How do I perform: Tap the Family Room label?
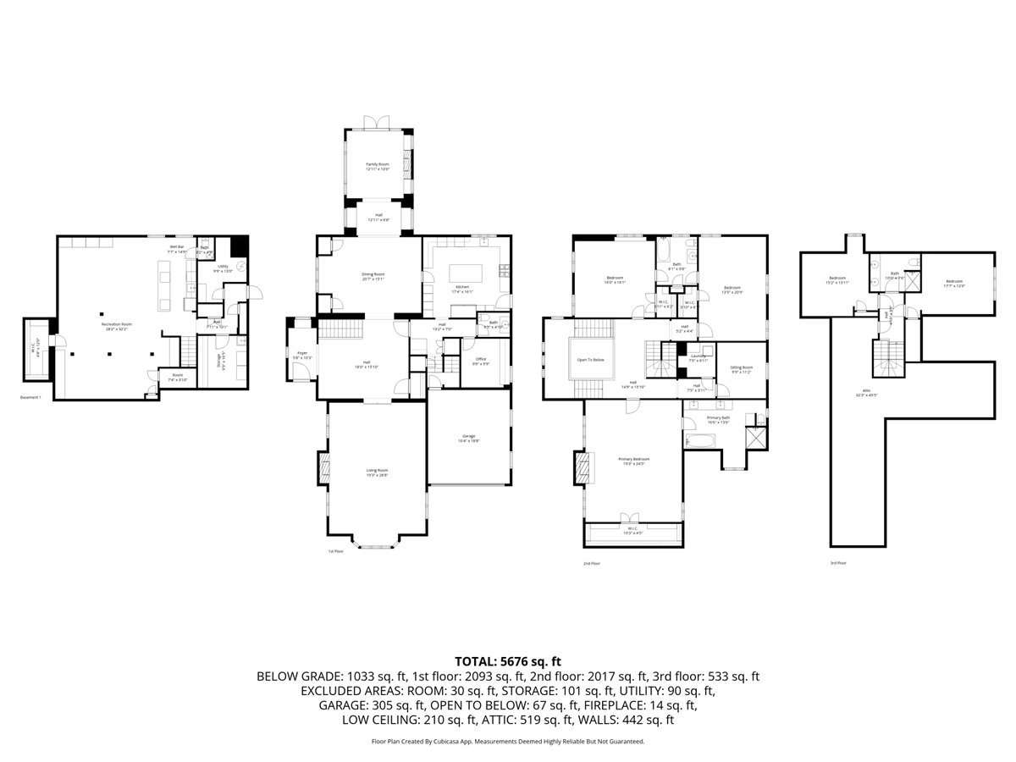pyautogui.click(x=378, y=166)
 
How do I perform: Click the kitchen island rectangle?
pyautogui.click(x=465, y=273)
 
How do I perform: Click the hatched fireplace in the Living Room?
pyautogui.click(x=323, y=467)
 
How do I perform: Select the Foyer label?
pyautogui.click(x=302, y=356)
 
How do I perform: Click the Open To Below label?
pyautogui.click(x=590, y=360)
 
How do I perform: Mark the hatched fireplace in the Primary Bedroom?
pyautogui.click(x=580, y=467)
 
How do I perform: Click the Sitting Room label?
pyautogui.click(x=742, y=368)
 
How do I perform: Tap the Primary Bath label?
pyautogui.click(x=719, y=419)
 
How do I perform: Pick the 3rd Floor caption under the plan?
pyautogui.click(x=838, y=562)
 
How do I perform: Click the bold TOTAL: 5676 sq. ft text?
pyautogui.click(x=508, y=661)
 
